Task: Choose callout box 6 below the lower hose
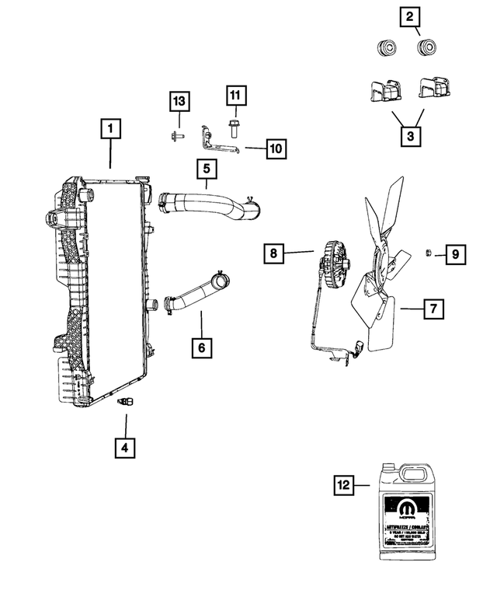tap(201, 347)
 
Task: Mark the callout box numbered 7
tap(433, 309)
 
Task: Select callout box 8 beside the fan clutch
tap(273, 253)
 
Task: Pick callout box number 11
tap(235, 96)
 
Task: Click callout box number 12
tap(343, 485)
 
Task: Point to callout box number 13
tap(179, 102)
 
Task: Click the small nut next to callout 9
tap(428, 252)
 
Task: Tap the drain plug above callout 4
tap(127, 403)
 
